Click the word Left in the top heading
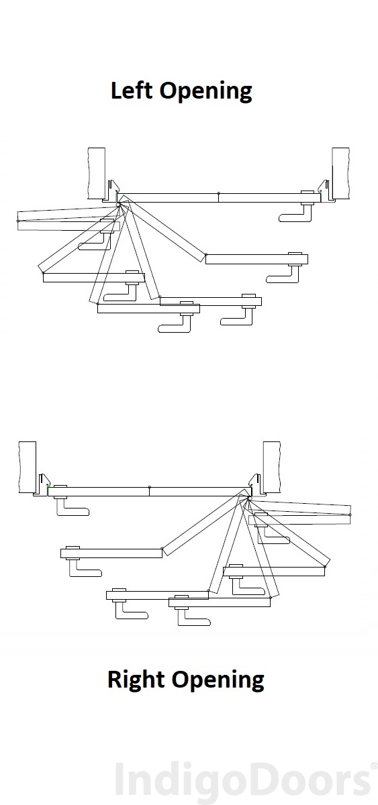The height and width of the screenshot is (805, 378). tap(132, 90)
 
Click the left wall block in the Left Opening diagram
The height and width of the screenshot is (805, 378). tap(97, 173)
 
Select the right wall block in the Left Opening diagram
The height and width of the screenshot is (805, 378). tap(340, 172)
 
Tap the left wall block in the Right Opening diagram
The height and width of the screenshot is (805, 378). tap(27, 467)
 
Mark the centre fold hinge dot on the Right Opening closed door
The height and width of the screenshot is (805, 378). tap(149, 487)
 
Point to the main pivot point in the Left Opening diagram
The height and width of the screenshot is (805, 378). tap(120, 205)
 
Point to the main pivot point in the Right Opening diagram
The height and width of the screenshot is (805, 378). tap(248, 498)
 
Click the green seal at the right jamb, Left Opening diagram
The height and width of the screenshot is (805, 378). tap(320, 192)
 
